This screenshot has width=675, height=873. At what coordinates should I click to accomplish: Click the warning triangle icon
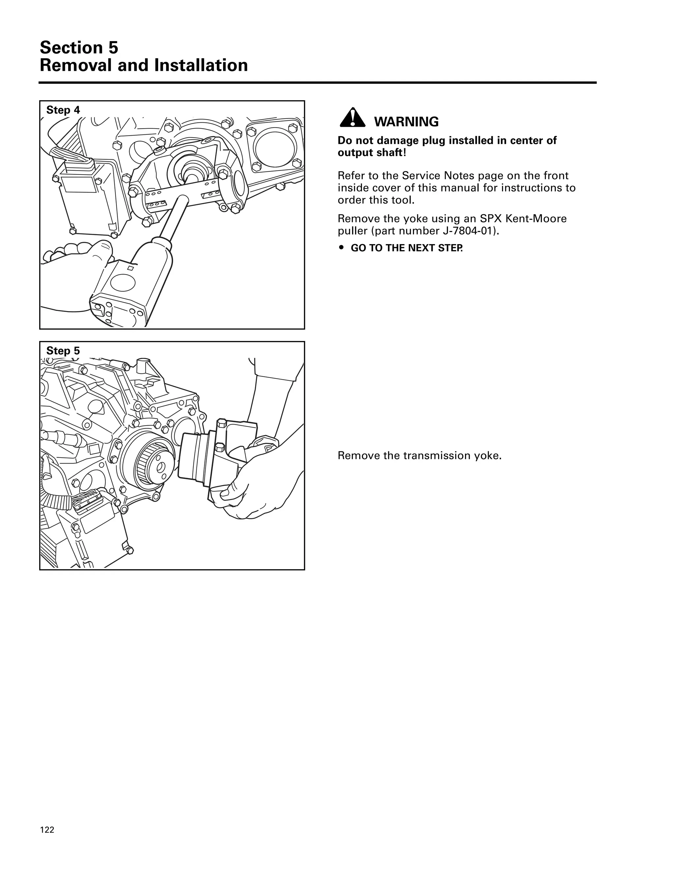352,118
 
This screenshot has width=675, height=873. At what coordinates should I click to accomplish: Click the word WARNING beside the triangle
406,122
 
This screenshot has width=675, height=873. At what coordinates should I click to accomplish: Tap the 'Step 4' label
63,110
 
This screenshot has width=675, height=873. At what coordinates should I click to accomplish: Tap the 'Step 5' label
63,351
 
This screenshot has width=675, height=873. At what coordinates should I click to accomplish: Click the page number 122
47,830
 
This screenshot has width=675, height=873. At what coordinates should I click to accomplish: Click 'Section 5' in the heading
79,47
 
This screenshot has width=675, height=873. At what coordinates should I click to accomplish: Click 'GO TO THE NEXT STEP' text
406,248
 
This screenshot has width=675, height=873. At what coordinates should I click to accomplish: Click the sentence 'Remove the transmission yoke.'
420,456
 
